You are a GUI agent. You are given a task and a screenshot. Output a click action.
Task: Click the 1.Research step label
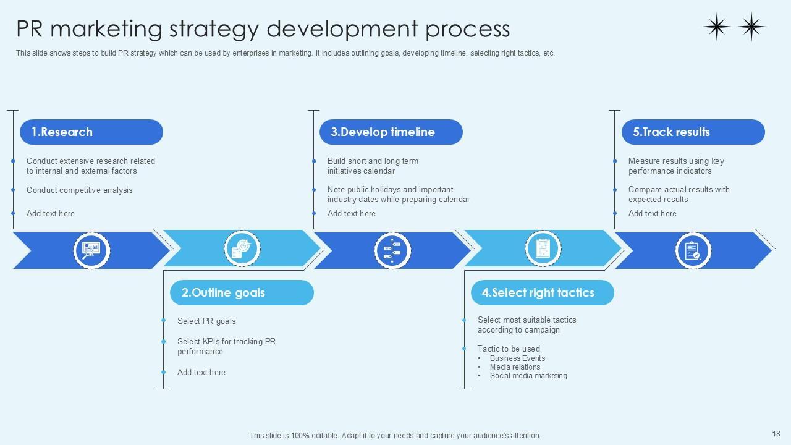click(x=62, y=132)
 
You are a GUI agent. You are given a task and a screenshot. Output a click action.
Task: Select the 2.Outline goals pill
click(x=223, y=292)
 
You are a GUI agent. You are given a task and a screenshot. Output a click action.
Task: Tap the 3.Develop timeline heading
click(x=383, y=132)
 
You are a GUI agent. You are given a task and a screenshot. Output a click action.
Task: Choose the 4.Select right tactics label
click(x=538, y=292)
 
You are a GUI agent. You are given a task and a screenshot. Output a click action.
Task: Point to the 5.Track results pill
click(x=671, y=132)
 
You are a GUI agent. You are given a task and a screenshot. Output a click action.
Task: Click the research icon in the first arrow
click(x=91, y=250)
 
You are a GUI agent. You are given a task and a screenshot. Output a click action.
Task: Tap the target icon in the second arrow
click(x=242, y=249)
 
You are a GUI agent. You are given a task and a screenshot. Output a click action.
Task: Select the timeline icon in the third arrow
click(x=392, y=250)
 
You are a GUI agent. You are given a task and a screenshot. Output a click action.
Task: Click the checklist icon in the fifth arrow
click(x=693, y=250)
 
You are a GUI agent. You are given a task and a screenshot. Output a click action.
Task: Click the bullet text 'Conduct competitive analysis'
click(x=79, y=190)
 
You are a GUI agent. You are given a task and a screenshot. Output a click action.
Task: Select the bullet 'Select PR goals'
click(x=206, y=321)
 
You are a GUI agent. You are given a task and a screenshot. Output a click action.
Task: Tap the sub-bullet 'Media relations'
click(x=515, y=367)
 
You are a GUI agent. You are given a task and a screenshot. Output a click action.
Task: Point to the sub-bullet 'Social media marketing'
click(x=528, y=376)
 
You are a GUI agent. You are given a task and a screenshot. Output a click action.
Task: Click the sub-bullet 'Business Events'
click(x=517, y=358)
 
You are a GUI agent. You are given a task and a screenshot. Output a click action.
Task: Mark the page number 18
click(x=776, y=434)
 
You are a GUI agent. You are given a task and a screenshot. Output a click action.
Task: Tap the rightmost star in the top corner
click(x=751, y=27)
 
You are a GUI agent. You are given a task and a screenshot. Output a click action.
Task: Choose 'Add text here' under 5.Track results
click(x=652, y=214)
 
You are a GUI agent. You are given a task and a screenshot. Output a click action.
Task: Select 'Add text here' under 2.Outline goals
click(x=201, y=373)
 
